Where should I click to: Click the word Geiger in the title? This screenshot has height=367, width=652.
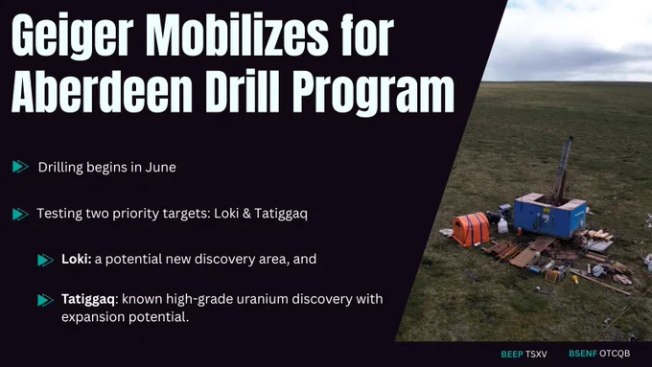[72, 36]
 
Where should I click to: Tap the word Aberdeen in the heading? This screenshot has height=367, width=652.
[103, 92]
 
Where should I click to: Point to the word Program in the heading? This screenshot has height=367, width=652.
[373, 95]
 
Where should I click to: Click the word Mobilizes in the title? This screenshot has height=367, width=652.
[237, 35]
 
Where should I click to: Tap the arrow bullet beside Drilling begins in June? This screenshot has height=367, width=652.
[20, 167]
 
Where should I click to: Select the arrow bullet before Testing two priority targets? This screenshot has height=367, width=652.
[20, 214]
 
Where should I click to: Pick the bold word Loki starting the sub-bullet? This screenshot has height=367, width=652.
[76, 259]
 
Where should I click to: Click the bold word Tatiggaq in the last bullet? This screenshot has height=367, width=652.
[88, 300]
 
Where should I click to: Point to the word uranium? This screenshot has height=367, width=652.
[262, 299]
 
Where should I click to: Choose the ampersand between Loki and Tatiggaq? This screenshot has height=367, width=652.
[246, 214]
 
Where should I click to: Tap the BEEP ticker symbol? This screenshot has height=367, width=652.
[512, 355]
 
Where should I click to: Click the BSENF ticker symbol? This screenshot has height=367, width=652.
[583, 354]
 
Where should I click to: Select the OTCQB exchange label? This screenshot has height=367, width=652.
[615, 354]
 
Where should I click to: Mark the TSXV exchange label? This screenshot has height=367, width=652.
[536, 355]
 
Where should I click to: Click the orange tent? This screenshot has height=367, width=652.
[471, 229]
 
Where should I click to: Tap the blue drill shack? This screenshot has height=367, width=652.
[549, 215]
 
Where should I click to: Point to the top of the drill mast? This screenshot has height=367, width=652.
[570, 138]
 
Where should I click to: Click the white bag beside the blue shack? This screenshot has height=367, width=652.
[502, 226]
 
